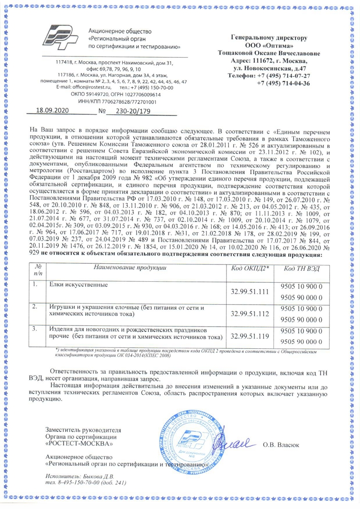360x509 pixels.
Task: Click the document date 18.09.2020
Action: click(x=51, y=111)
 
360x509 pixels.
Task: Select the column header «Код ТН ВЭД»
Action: click(x=304, y=269)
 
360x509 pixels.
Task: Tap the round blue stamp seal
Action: click(x=189, y=445)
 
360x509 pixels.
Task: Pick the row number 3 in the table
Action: click(x=35, y=329)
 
